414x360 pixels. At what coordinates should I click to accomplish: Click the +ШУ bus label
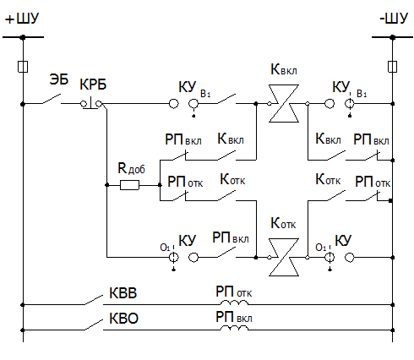(x=22, y=19)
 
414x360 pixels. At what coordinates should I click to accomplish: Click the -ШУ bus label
(x=394, y=19)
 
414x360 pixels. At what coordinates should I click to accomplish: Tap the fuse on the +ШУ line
(x=23, y=67)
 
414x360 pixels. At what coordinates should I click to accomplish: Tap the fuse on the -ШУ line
(x=392, y=67)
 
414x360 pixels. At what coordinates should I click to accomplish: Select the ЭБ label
(x=59, y=79)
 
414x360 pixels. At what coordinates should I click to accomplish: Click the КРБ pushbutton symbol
(x=90, y=103)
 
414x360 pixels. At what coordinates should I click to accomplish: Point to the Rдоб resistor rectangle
(x=129, y=185)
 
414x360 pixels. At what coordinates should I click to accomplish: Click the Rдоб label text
(x=131, y=168)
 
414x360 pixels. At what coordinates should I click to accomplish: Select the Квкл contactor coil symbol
(x=284, y=103)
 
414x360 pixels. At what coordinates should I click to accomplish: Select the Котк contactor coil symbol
(x=284, y=257)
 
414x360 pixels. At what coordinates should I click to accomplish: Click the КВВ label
(x=123, y=293)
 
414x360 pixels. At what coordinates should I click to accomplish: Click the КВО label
(x=123, y=319)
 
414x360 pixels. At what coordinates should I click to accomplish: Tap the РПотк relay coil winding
(x=234, y=303)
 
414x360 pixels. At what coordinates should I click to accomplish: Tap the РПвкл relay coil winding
(x=234, y=328)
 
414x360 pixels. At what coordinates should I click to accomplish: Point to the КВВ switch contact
(x=94, y=300)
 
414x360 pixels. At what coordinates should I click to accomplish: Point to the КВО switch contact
(x=94, y=325)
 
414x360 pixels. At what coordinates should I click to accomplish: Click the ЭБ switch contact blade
(x=52, y=99)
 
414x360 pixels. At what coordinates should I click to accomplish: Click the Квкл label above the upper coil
(x=284, y=69)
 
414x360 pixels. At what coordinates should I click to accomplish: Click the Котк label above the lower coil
(x=283, y=223)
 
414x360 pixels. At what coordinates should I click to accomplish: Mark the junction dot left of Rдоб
(x=106, y=185)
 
